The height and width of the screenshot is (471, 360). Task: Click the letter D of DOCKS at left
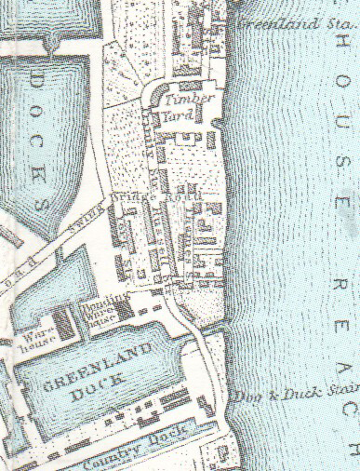click(x=37, y=82)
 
